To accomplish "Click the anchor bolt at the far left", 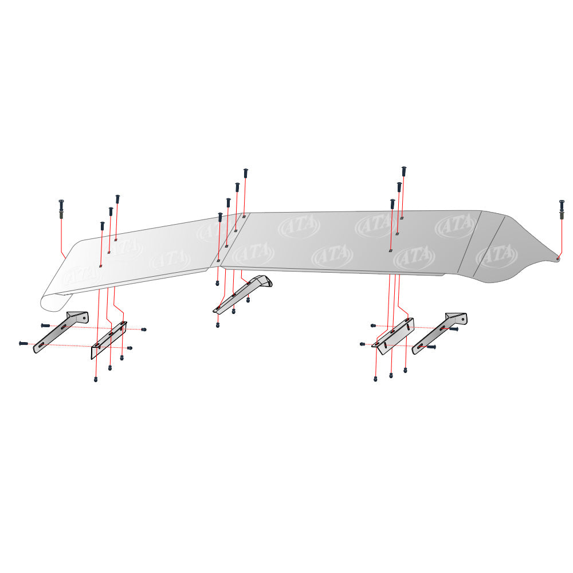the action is click(61, 209).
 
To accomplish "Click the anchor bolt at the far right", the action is click(562, 209).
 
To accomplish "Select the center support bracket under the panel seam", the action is click(242, 294).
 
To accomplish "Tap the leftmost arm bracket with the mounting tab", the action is click(61, 332).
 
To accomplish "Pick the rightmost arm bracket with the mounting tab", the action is click(439, 333).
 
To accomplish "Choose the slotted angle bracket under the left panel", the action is click(109, 340).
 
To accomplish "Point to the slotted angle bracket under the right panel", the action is click(393, 336).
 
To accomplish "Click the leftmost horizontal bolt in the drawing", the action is click(23, 343).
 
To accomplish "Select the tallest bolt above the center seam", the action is click(245, 173).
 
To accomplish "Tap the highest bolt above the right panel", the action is click(404, 172).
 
